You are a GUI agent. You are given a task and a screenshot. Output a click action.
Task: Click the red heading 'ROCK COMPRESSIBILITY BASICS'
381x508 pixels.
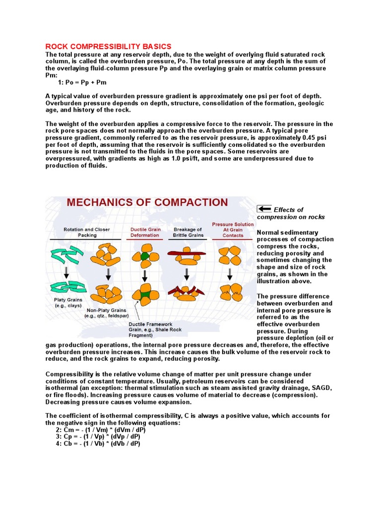point(108,46)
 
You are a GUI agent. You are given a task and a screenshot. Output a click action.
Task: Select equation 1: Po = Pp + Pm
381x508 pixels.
point(82,82)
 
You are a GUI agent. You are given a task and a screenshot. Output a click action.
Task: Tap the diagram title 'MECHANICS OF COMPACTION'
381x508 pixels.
point(147,202)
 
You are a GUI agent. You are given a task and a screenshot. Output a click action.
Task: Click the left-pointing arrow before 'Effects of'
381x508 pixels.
point(264,209)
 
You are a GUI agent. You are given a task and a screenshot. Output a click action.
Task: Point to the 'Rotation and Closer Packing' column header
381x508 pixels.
point(86,232)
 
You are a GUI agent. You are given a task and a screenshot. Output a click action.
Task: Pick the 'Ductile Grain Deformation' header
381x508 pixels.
point(145,232)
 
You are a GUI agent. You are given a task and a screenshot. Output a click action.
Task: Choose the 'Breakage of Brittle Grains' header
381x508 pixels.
point(188,232)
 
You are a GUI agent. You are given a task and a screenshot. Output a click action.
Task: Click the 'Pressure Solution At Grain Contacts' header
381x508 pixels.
point(233,230)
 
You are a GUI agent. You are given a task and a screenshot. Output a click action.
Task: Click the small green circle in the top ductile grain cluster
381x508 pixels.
point(144,256)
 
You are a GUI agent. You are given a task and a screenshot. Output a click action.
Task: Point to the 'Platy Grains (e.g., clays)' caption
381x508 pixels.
point(68,303)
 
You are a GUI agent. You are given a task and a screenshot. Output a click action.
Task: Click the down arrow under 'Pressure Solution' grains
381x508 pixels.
point(229,274)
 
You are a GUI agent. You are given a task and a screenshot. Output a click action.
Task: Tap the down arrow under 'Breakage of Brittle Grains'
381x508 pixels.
point(187,274)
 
